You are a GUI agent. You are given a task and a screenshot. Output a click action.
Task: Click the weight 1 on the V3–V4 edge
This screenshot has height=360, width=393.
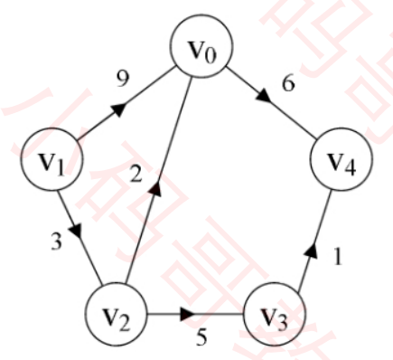339,257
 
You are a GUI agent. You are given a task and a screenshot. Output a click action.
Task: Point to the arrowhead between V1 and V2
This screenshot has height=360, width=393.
76,232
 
